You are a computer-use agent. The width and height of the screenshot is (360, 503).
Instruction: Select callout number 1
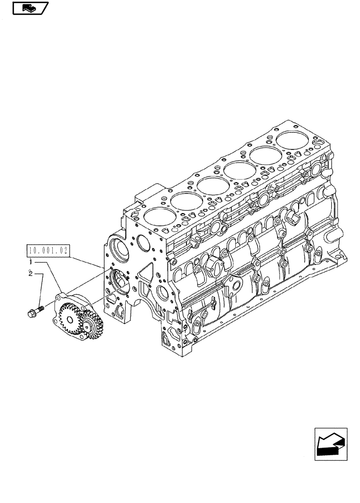click(x=31, y=262)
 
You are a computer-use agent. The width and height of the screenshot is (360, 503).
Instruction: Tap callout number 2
click(x=31, y=274)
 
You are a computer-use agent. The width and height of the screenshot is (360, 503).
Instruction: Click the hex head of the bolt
click(x=30, y=313)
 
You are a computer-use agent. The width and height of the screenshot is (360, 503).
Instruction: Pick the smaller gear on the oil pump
click(x=91, y=324)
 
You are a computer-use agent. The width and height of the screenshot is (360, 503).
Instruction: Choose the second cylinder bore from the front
click(x=184, y=201)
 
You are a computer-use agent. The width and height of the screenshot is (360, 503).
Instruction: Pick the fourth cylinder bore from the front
click(x=238, y=169)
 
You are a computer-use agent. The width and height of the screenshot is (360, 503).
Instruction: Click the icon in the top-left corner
click(x=30, y=8)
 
